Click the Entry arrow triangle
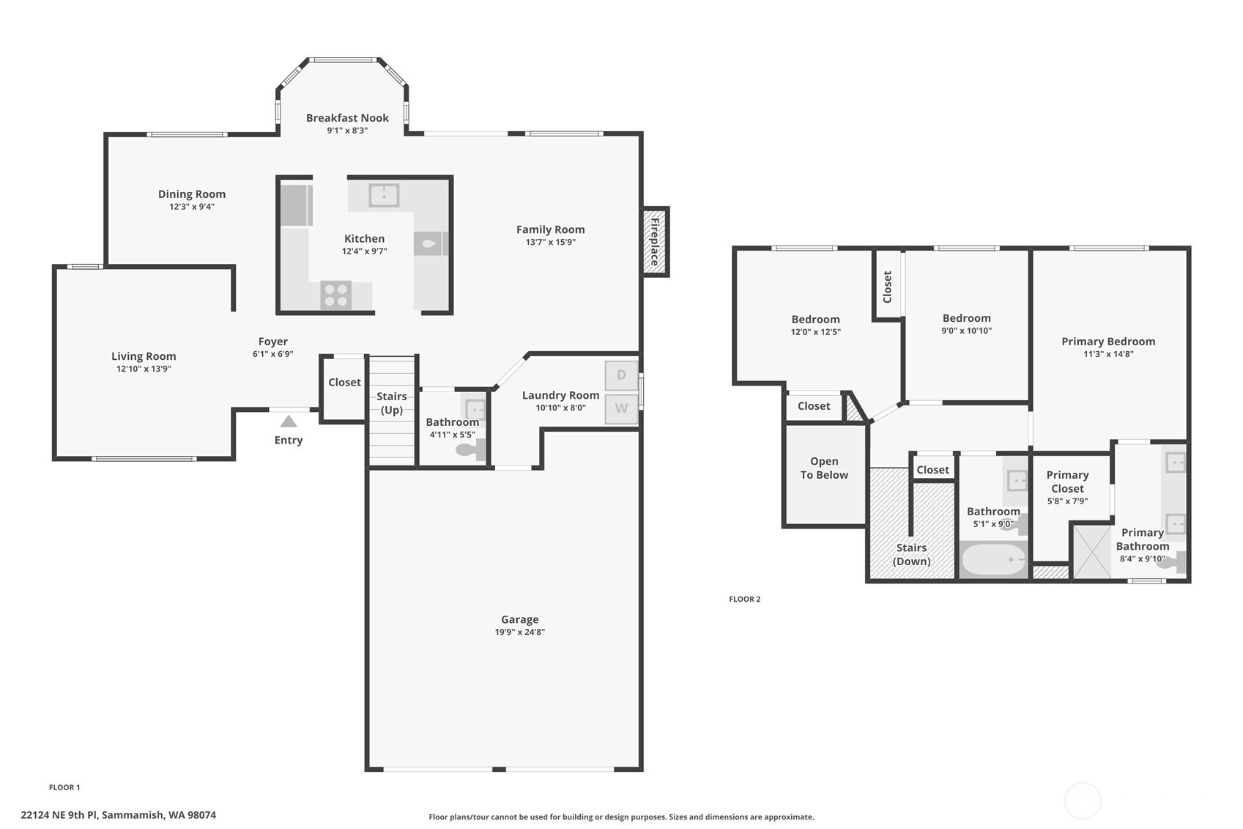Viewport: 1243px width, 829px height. pos(289,421)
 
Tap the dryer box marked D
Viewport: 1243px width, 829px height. pos(621,375)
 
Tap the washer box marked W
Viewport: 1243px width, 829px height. pos(621,409)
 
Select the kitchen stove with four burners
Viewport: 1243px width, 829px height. pos(336,295)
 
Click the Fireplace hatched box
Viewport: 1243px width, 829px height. pos(655,242)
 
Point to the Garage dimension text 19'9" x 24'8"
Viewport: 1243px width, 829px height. pos(519,632)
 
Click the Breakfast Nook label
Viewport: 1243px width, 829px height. pos(347,118)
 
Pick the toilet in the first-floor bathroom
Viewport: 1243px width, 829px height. pos(470,449)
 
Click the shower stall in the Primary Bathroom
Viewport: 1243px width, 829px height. pos(1092,551)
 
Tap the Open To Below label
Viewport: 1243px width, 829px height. pos(824,468)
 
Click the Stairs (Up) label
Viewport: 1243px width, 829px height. pos(391,403)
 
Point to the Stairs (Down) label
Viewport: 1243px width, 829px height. pos(911,555)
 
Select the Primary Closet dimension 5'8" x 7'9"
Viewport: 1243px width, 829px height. pos(1067,501)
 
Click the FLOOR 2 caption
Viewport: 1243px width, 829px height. pos(744,599)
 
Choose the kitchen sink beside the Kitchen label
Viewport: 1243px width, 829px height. pos(384,196)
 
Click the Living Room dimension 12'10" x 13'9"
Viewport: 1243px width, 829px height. pos(144,369)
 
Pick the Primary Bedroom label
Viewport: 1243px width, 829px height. pos(1107,342)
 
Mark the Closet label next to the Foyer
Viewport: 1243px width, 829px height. pos(344,383)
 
